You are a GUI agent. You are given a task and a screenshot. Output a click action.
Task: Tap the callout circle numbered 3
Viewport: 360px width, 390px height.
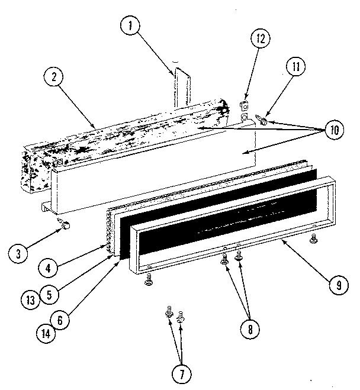point(20,253)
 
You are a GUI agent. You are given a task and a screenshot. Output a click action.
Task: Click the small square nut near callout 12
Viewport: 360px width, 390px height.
point(243,107)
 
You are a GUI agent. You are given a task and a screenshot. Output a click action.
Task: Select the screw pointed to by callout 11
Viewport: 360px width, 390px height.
point(262,120)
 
